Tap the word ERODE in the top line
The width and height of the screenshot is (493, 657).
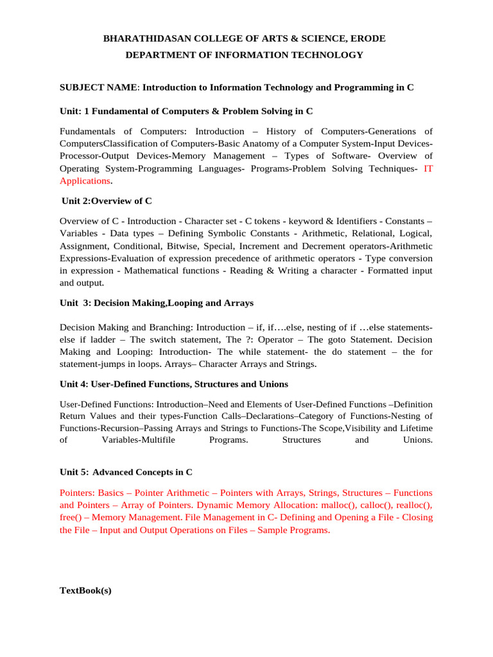coord(367,38)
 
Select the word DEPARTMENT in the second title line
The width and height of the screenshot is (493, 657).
coord(155,55)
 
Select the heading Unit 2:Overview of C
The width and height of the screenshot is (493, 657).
coord(107,201)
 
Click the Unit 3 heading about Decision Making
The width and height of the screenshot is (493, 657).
coord(156,303)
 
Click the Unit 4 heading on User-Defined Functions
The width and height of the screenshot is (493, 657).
coord(173,384)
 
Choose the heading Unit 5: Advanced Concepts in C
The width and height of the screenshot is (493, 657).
coord(125,472)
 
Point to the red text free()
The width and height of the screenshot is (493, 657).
coord(71,517)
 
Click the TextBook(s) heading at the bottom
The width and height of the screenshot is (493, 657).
coord(85,591)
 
